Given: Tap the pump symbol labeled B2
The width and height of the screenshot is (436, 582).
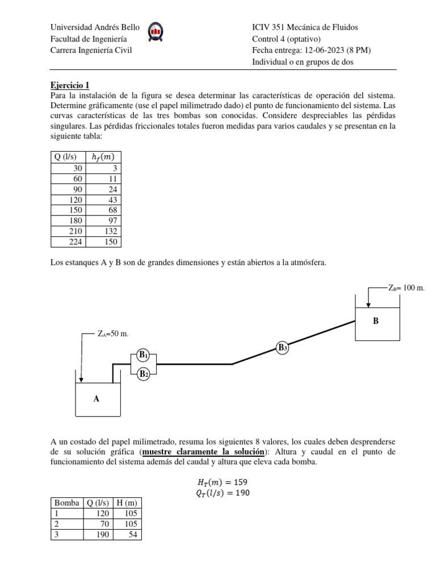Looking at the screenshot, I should (143, 373).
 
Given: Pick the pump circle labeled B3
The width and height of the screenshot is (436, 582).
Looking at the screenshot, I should (282, 347).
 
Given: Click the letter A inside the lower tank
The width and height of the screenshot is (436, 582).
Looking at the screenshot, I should (97, 399).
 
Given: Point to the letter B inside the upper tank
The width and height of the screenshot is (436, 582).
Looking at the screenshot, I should (375, 321).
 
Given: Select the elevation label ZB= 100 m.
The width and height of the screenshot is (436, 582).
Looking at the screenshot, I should (406, 288).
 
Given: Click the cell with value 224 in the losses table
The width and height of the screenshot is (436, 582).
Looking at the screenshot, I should (75, 242).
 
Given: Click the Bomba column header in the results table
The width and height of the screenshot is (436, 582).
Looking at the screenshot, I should (67, 503).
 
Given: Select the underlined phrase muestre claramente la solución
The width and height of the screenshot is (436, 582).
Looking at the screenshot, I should (202, 452).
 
